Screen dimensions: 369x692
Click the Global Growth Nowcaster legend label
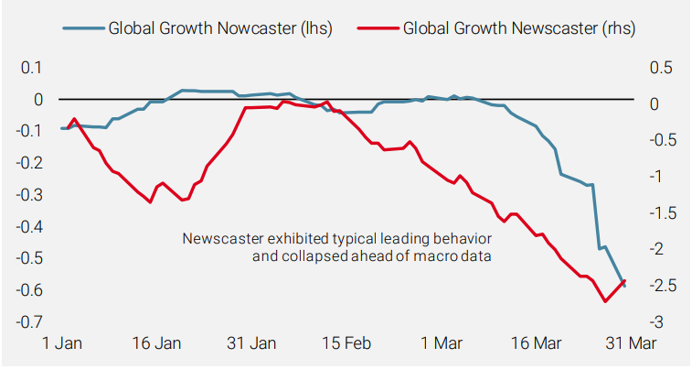(x=219, y=28)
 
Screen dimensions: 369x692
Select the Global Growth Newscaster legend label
(x=519, y=28)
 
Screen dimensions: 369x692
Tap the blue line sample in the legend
(x=83, y=28)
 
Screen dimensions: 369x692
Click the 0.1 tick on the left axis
(x=31, y=68)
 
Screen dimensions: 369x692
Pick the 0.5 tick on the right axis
(x=661, y=68)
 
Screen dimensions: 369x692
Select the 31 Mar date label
(x=630, y=344)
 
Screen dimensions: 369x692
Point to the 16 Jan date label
(x=156, y=344)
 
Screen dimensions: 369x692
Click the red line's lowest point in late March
(x=605, y=301)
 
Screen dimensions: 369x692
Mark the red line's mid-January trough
(x=150, y=201)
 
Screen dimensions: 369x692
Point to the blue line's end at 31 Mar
(x=624, y=286)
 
